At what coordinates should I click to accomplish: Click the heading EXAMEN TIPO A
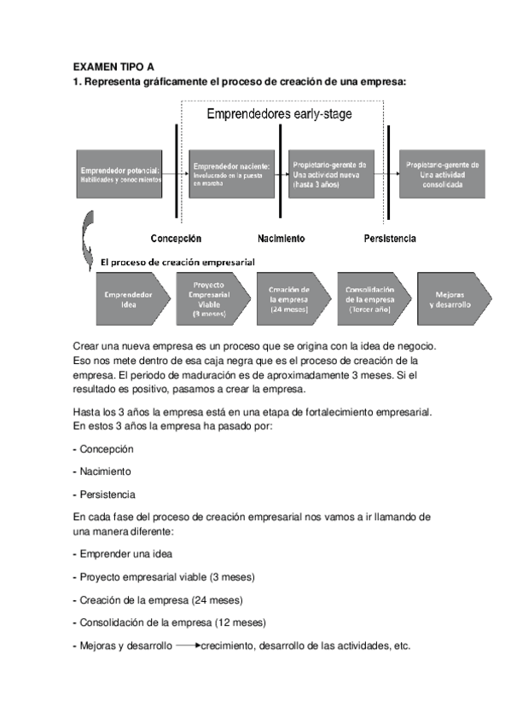coord(113,66)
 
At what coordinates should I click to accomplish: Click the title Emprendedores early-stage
coord(280,113)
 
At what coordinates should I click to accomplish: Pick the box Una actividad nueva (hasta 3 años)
coord(329,174)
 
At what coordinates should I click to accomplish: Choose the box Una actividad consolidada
coord(442,174)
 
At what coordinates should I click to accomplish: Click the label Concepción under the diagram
coord(176,239)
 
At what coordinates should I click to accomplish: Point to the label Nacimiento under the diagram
coord(281,239)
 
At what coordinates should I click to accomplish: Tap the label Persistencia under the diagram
coord(389,239)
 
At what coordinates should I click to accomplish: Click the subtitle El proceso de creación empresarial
coord(177,262)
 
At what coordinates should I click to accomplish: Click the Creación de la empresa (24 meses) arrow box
coord(287,299)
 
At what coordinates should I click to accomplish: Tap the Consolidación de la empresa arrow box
coord(369,299)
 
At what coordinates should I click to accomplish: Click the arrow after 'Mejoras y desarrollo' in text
coord(188,645)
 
